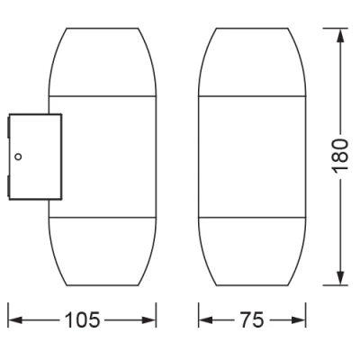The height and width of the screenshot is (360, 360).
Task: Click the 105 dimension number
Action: (x=82, y=319)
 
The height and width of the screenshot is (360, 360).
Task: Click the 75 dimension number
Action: (x=251, y=319)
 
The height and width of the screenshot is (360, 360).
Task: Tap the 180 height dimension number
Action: (x=340, y=156)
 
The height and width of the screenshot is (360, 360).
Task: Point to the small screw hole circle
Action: (x=18, y=157)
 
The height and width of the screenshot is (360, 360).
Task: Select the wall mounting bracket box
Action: (x=35, y=157)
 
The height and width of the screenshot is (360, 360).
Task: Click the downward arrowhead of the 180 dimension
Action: (x=340, y=278)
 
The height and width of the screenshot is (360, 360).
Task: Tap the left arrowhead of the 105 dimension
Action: (x=15, y=320)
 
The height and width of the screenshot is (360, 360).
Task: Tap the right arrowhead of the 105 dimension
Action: (x=148, y=320)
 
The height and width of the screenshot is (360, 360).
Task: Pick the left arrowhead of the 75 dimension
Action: (x=206, y=320)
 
